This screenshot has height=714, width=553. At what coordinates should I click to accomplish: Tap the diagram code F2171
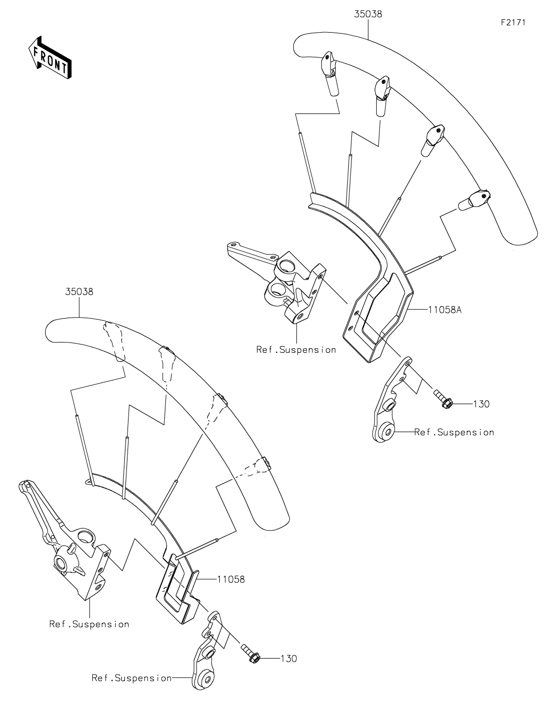(513, 22)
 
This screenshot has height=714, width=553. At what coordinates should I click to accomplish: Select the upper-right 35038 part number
(368, 14)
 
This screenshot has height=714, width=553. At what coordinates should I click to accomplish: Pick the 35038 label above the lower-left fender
(79, 291)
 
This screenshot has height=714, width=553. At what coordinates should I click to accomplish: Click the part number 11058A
(445, 309)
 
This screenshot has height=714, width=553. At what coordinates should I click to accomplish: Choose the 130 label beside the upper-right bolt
(481, 404)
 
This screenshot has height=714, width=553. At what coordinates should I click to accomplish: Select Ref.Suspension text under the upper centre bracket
(296, 350)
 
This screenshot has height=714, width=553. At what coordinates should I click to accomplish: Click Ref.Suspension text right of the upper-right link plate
(454, 432)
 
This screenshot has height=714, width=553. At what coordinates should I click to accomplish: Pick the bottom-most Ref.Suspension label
(132, 678)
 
